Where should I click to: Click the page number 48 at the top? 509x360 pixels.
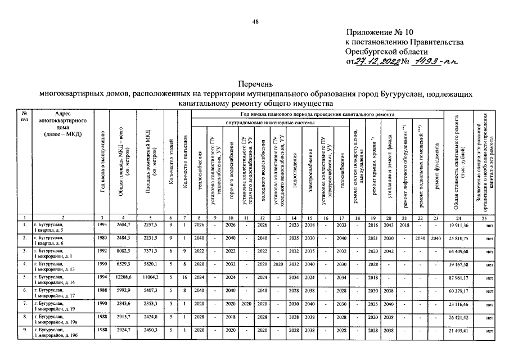255,21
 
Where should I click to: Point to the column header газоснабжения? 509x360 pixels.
343,169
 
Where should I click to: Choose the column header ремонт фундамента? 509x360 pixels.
436,163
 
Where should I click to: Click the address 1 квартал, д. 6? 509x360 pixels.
49,242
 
